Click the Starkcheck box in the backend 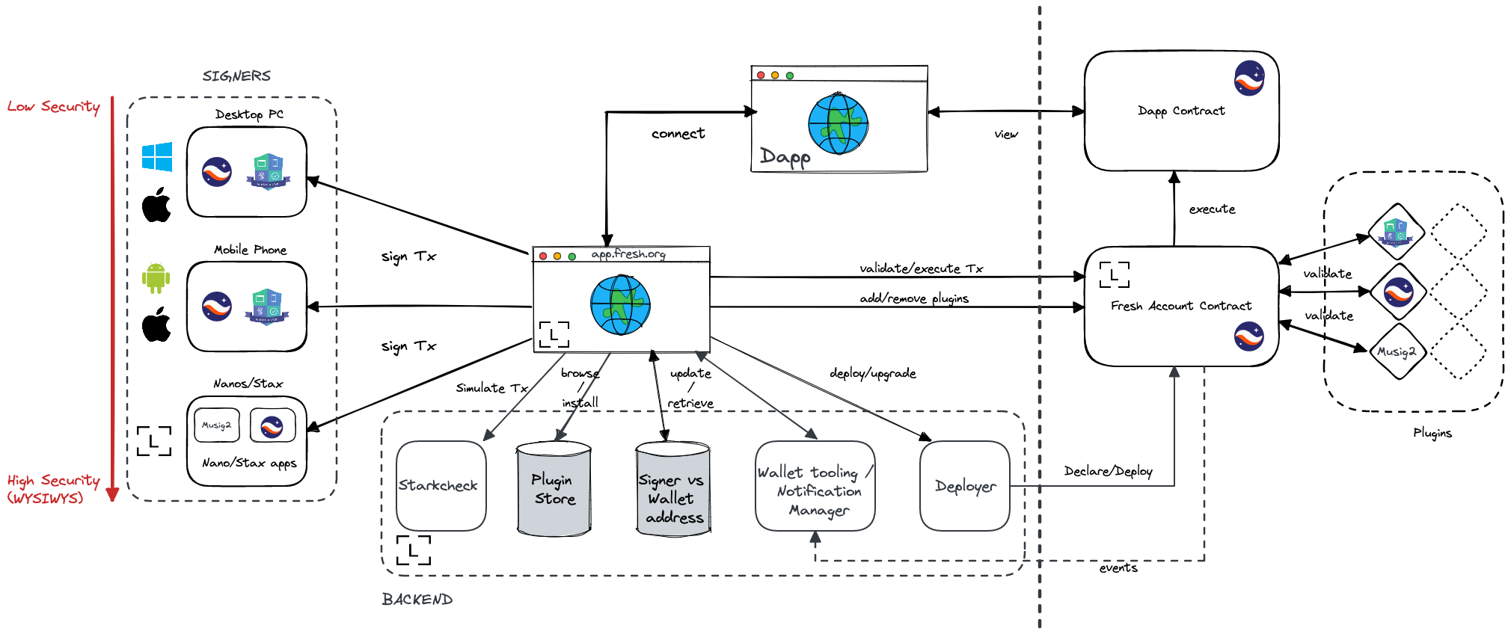(441, 486)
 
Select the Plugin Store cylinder (554, 489)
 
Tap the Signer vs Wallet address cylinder (672, 490)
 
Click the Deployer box (964, 486)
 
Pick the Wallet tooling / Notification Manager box (815, 487)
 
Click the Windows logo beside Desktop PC (157, 157)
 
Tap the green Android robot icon (156, 278)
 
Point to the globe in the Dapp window (838, 123)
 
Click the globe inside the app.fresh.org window (620, 304)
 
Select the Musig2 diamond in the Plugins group (1397, 351)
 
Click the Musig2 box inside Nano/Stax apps (217, 425)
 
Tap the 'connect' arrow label (678, 134)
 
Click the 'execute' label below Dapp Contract (1212, 209)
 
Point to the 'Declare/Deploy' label (1108, 471)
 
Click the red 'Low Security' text (54, 106)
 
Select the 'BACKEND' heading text (417, 600)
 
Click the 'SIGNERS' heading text (236, 76)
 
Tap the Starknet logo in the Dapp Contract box (1248, 79)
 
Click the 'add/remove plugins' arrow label (913, 298)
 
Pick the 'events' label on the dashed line (1118, 568)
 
